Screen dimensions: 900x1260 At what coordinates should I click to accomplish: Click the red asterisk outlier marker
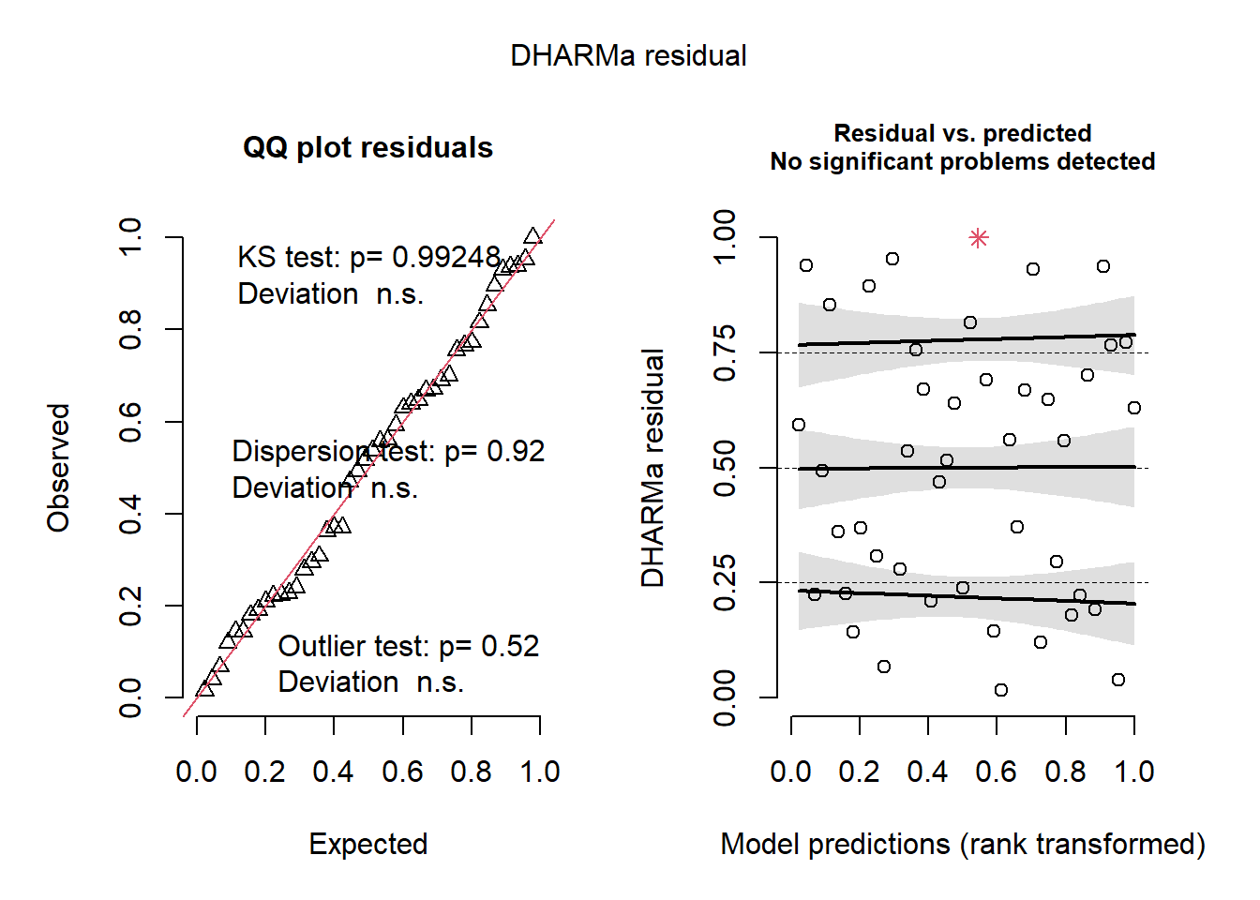tap(979, 238)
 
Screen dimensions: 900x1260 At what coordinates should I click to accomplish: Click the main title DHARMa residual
tap(628, 56)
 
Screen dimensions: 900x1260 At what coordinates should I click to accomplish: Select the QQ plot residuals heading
tap(367, 148)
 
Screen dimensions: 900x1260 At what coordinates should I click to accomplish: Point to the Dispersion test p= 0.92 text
tap(388, 452)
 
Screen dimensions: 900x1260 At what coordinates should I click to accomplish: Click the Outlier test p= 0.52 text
tap(409, 646)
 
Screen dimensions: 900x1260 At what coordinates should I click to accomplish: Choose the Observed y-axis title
tap(59, 468)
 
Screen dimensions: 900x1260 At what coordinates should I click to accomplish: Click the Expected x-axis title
tap(368, 844)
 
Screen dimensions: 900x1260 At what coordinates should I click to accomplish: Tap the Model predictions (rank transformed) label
tap(963, 844)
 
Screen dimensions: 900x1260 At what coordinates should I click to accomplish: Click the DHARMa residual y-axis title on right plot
tap(652, 468)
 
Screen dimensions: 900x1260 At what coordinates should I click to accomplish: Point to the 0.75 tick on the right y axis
tap(726, 353)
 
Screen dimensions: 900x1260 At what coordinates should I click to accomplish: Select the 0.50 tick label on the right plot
tap(726, 468)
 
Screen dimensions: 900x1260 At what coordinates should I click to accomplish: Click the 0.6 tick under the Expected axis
tap(402, 772)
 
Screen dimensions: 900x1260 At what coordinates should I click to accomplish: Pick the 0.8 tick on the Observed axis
tap(131, 330)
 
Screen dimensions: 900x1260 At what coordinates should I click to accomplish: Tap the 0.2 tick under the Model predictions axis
tap(860, 772)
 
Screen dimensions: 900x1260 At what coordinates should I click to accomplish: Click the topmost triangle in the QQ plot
tap(532, 236)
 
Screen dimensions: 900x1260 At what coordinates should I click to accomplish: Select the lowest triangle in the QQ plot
tap(204, 689)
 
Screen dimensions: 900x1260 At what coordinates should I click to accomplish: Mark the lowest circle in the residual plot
tap(1001, 690)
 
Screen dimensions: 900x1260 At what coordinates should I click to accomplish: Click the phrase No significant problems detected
tap(963, 162)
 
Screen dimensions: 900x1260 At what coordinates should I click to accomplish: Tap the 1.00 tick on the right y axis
tap(726, 238)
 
